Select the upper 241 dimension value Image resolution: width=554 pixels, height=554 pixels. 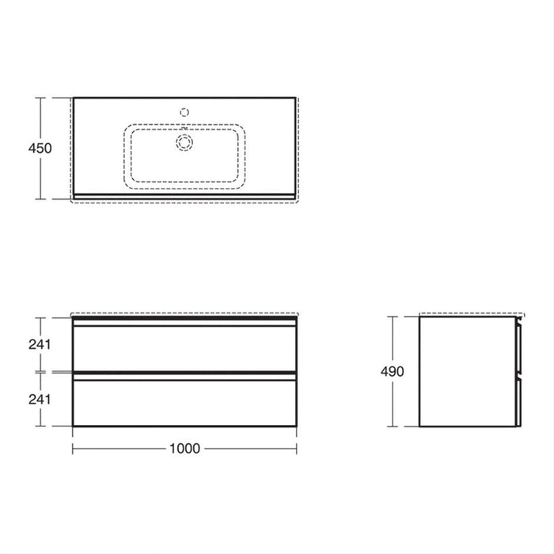pos(39,344)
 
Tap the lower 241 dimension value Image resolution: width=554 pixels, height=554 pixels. pos(39,399)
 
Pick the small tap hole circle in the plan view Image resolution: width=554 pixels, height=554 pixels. pos(185,112)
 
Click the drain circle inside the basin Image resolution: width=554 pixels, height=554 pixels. pos(185,143)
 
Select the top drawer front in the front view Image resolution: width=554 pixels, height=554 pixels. pos(185,347)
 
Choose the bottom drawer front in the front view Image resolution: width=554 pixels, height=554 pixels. pos(185,401)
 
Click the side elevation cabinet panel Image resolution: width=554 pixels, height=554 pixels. pos(466,370)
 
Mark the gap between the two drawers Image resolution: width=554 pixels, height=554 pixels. pos(185,372)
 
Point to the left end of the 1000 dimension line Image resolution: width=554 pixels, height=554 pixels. pos(74,448)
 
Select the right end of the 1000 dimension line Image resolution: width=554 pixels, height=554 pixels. pos(298,448)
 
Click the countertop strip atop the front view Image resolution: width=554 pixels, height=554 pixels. pos(185,317)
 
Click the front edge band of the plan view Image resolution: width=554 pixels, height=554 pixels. pos(185,195)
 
